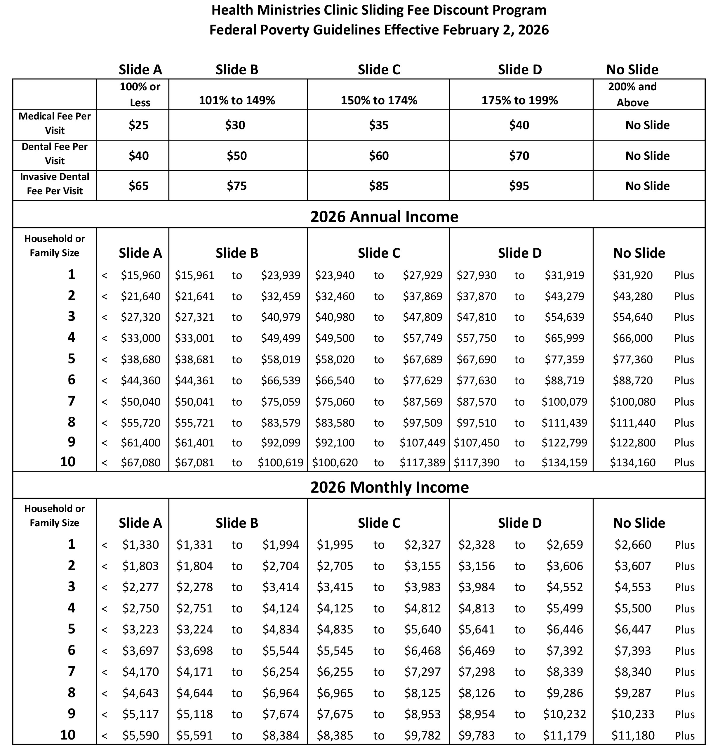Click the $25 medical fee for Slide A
click(138, 125)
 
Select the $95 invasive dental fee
click(519, 186)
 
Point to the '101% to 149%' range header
click(237, 101)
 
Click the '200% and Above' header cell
click(632, 94)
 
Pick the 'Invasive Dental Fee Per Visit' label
click(55, 184)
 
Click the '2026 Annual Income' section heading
click(384, 217)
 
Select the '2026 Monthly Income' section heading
click(389, 487)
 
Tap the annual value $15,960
click(141, 275)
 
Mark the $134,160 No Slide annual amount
click(632, 463)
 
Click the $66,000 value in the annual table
click(632, 338)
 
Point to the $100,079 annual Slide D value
click(564, 401)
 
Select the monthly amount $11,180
click(632, 735)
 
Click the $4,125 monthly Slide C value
click(335, 608)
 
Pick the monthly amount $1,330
click(140, 545)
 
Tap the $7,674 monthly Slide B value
click(281, 714)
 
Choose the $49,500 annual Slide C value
click(335, 338)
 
